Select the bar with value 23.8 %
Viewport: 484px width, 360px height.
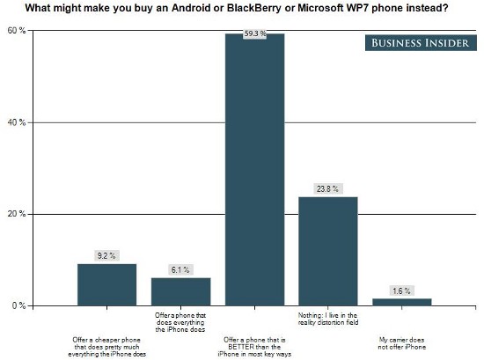click(328, 251)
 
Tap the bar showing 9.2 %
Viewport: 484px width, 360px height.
click(106, 284)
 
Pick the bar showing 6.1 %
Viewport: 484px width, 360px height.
click(180, 291)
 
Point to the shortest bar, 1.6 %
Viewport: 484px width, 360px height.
click(402, 302)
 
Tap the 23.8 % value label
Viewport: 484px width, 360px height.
click(328, 188)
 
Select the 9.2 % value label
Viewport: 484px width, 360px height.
click(106, 255)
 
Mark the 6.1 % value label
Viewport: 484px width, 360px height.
click(180, 269)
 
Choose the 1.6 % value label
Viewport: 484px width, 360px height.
click(402, 290)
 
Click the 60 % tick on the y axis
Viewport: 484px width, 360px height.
click(17, 31)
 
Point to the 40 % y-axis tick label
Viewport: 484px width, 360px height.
click(17, 122)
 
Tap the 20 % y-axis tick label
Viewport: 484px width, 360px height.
click(17, 214)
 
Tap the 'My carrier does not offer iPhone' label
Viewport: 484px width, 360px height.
click(402, 342)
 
